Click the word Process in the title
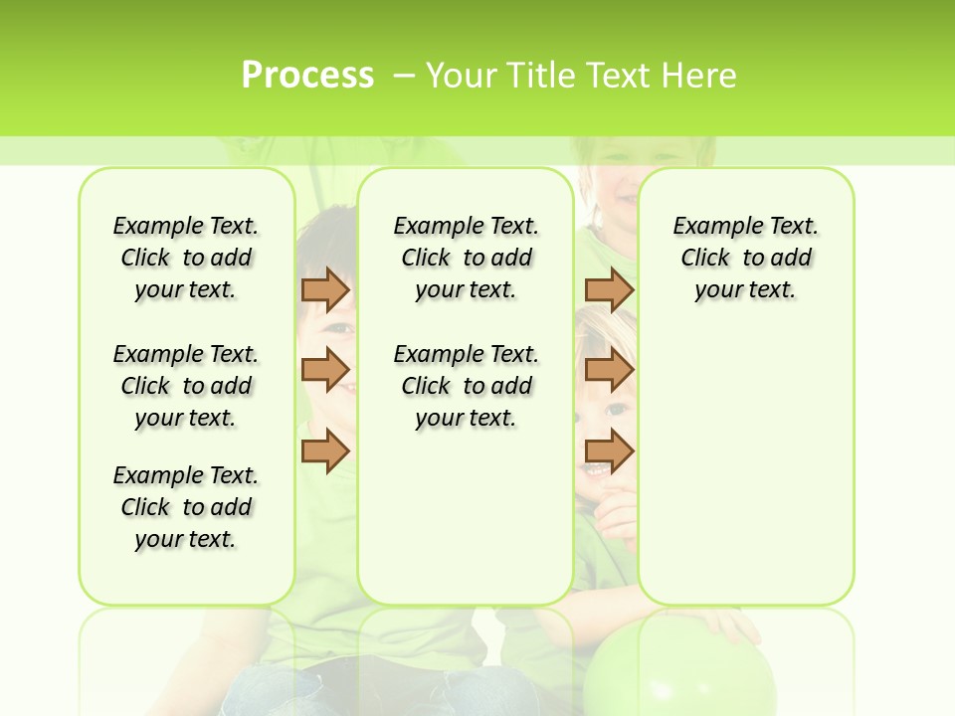pyautogui.click(x=307, y=75)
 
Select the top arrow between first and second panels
pyautogui.click(x=325, y=289)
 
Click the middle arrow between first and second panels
pyautogui.click(x=325, y=370)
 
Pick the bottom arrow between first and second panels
pyautogui.click(x=325, y=450)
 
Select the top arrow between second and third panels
pyautogui.click(x=609, y=289)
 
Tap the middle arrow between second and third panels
pyautogui.click(x=609, y=370)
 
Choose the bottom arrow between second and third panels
pyautogui.click(x=609, y=450)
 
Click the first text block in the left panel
pyautogui.click(x=186, y=258)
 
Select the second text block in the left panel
pyautogui.click(x=186, y=386)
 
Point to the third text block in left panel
pyautogui.click(x=186, y=507)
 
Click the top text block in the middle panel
pyautogui.click(x=466, y=258)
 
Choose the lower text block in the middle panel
pyautogui.click(x=466, y=386)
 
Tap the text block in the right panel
pyautogui.click(x=745, y=258)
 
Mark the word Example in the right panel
pyautogui.click(x=709, y=227)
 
